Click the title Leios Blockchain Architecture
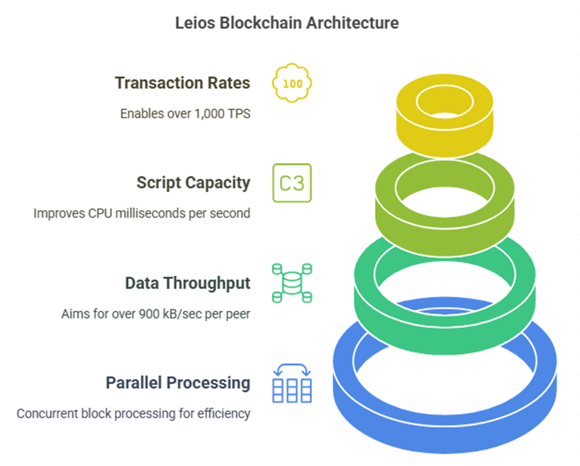click(286, 23)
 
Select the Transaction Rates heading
click(182, 83)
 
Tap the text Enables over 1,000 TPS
click(185, 114)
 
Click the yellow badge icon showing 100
click(292, 83)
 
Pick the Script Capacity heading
click(194, 183)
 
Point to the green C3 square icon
click(292, 183)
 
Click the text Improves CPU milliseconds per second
click(142, 214)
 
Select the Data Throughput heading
click(188, 283)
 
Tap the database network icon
click(292, 283)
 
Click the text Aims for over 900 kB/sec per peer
click(156, 314)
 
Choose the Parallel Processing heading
click(178, 383)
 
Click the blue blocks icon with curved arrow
click(292, 383)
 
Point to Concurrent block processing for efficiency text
click(133, 414)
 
